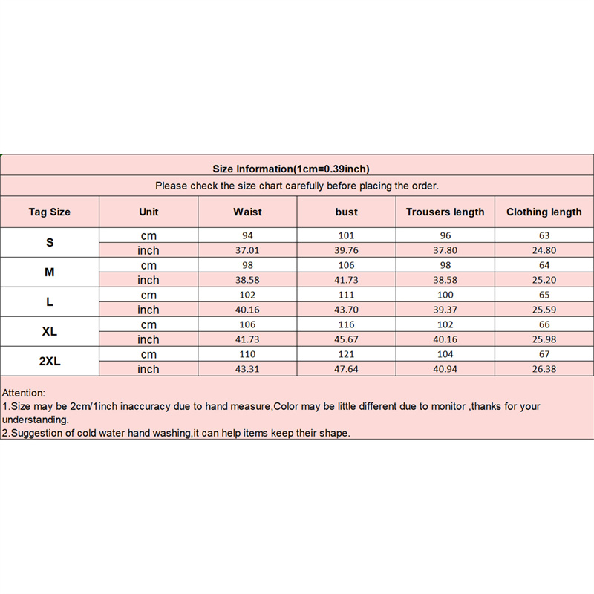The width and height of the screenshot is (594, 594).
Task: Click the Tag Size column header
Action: (50, 212)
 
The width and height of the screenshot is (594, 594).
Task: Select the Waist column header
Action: (247, 212)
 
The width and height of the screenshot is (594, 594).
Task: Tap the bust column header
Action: (346, 212)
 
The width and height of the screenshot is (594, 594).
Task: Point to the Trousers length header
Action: (445, 212)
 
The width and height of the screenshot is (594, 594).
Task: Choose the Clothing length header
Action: (544, 212)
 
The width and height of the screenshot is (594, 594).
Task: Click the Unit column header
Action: (148, 212)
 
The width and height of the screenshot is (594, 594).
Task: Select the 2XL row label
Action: (50, 362)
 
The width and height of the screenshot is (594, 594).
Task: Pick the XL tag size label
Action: (50, 332)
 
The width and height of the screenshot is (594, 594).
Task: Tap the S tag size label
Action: (50, 243)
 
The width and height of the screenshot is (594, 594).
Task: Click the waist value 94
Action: (247, 235)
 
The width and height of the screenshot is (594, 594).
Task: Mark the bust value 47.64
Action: (346, 369)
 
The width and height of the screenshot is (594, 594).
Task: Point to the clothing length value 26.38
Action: (544, 369)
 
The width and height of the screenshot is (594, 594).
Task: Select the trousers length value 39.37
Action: (445, 310)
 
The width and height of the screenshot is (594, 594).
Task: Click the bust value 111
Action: (346, 295)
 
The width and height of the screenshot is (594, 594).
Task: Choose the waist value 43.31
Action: (247, 369)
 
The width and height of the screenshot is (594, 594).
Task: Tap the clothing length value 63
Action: (544, 235)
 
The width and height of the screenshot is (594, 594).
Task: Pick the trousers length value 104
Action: (445, 354)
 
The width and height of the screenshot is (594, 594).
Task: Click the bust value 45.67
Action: (346, 339)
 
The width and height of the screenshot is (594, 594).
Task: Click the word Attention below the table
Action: (24, 392)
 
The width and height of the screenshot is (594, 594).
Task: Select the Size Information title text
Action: (291, 169)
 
